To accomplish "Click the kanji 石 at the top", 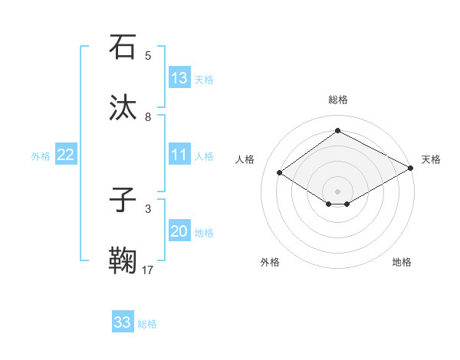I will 123,47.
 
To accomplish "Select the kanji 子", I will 123,201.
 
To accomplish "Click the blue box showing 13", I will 179,78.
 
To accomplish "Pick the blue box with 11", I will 179,155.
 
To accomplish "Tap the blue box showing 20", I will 179,232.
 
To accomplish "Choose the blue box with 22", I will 66,155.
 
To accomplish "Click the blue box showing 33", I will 123,322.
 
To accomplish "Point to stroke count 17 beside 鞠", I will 148,270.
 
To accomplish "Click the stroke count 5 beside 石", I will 148,55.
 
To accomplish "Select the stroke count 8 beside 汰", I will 148,116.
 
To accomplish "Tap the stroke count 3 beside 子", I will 148,208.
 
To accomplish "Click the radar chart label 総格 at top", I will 337,100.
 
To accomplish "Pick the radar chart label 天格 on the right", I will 431,159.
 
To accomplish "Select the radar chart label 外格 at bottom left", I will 270,262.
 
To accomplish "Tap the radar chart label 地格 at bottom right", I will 402,262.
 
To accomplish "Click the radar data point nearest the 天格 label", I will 411,169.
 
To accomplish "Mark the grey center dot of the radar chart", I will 337,191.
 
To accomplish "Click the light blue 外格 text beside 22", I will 41,156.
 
